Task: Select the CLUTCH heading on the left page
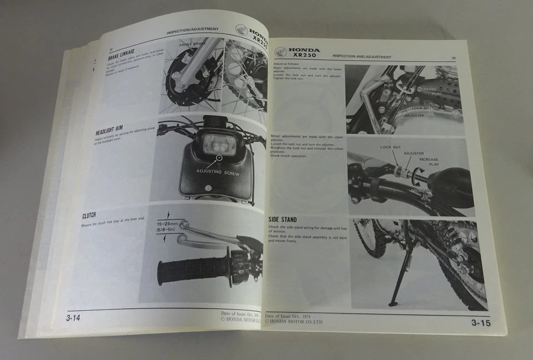tap(92, 215)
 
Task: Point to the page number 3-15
tap(481, 323)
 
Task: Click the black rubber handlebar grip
tap(192, 270)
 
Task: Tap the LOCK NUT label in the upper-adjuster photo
tap(390, 148)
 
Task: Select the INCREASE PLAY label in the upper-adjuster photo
tap(429, 161)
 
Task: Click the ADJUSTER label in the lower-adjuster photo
tap(414, 116)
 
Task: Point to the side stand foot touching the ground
tap(394, 303)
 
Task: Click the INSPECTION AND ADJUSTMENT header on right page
tap(361, 57)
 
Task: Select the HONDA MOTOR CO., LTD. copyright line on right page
tap(294, 321)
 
